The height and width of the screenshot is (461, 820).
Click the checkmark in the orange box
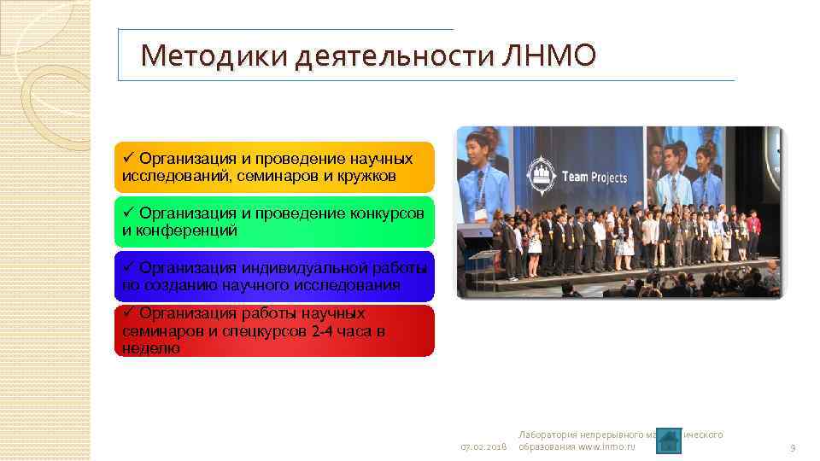[x=128, y=159]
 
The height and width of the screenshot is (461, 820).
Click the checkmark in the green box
[x=128, y=213]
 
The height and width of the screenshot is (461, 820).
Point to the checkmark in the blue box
[x=128, y=267]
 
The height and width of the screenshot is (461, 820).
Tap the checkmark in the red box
[x=128, y=313]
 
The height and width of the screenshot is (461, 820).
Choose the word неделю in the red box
[x=151, y=347]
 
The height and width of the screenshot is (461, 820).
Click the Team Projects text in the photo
[x=594, y=178]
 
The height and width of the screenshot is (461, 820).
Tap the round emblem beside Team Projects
[x=543, y=171]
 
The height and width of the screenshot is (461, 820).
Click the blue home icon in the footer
[x=669, y=441]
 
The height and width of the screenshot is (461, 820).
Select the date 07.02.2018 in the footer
[x=483, y=447]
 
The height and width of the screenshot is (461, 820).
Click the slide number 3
[x=793, y=447]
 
